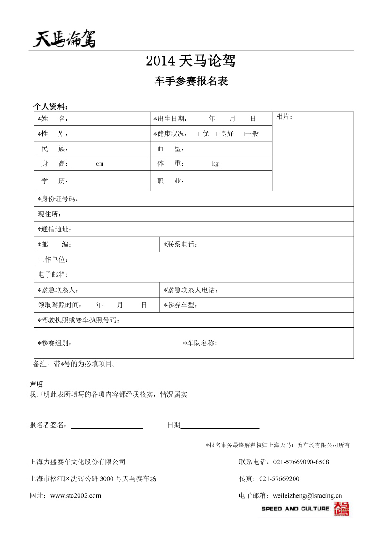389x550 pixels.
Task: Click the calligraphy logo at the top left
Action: coord(65,38)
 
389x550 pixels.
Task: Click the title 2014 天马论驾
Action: coord(191,61)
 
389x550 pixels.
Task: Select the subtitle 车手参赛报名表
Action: coord(191,81)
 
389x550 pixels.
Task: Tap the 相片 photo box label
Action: coord(284,116)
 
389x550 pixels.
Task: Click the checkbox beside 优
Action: coord(200,134)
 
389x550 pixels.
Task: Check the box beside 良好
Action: coord(218,134)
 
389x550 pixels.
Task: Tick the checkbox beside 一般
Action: coord(243,134)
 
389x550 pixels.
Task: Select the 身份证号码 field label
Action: coord(58,199)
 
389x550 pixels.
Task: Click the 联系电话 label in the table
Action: coord(180,245)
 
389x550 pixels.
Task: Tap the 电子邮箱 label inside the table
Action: coord(53,274)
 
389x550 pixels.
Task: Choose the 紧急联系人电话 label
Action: coord(191,290)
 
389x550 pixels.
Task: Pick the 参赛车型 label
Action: coord(180,305)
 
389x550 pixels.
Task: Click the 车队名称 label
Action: coord(200,343)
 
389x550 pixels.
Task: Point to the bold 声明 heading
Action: coord(36,384)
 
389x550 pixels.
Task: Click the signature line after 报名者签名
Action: coord(106,427)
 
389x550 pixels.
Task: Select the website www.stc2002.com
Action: coord(75,495)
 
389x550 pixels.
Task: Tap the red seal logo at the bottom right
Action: coord(341,509)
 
